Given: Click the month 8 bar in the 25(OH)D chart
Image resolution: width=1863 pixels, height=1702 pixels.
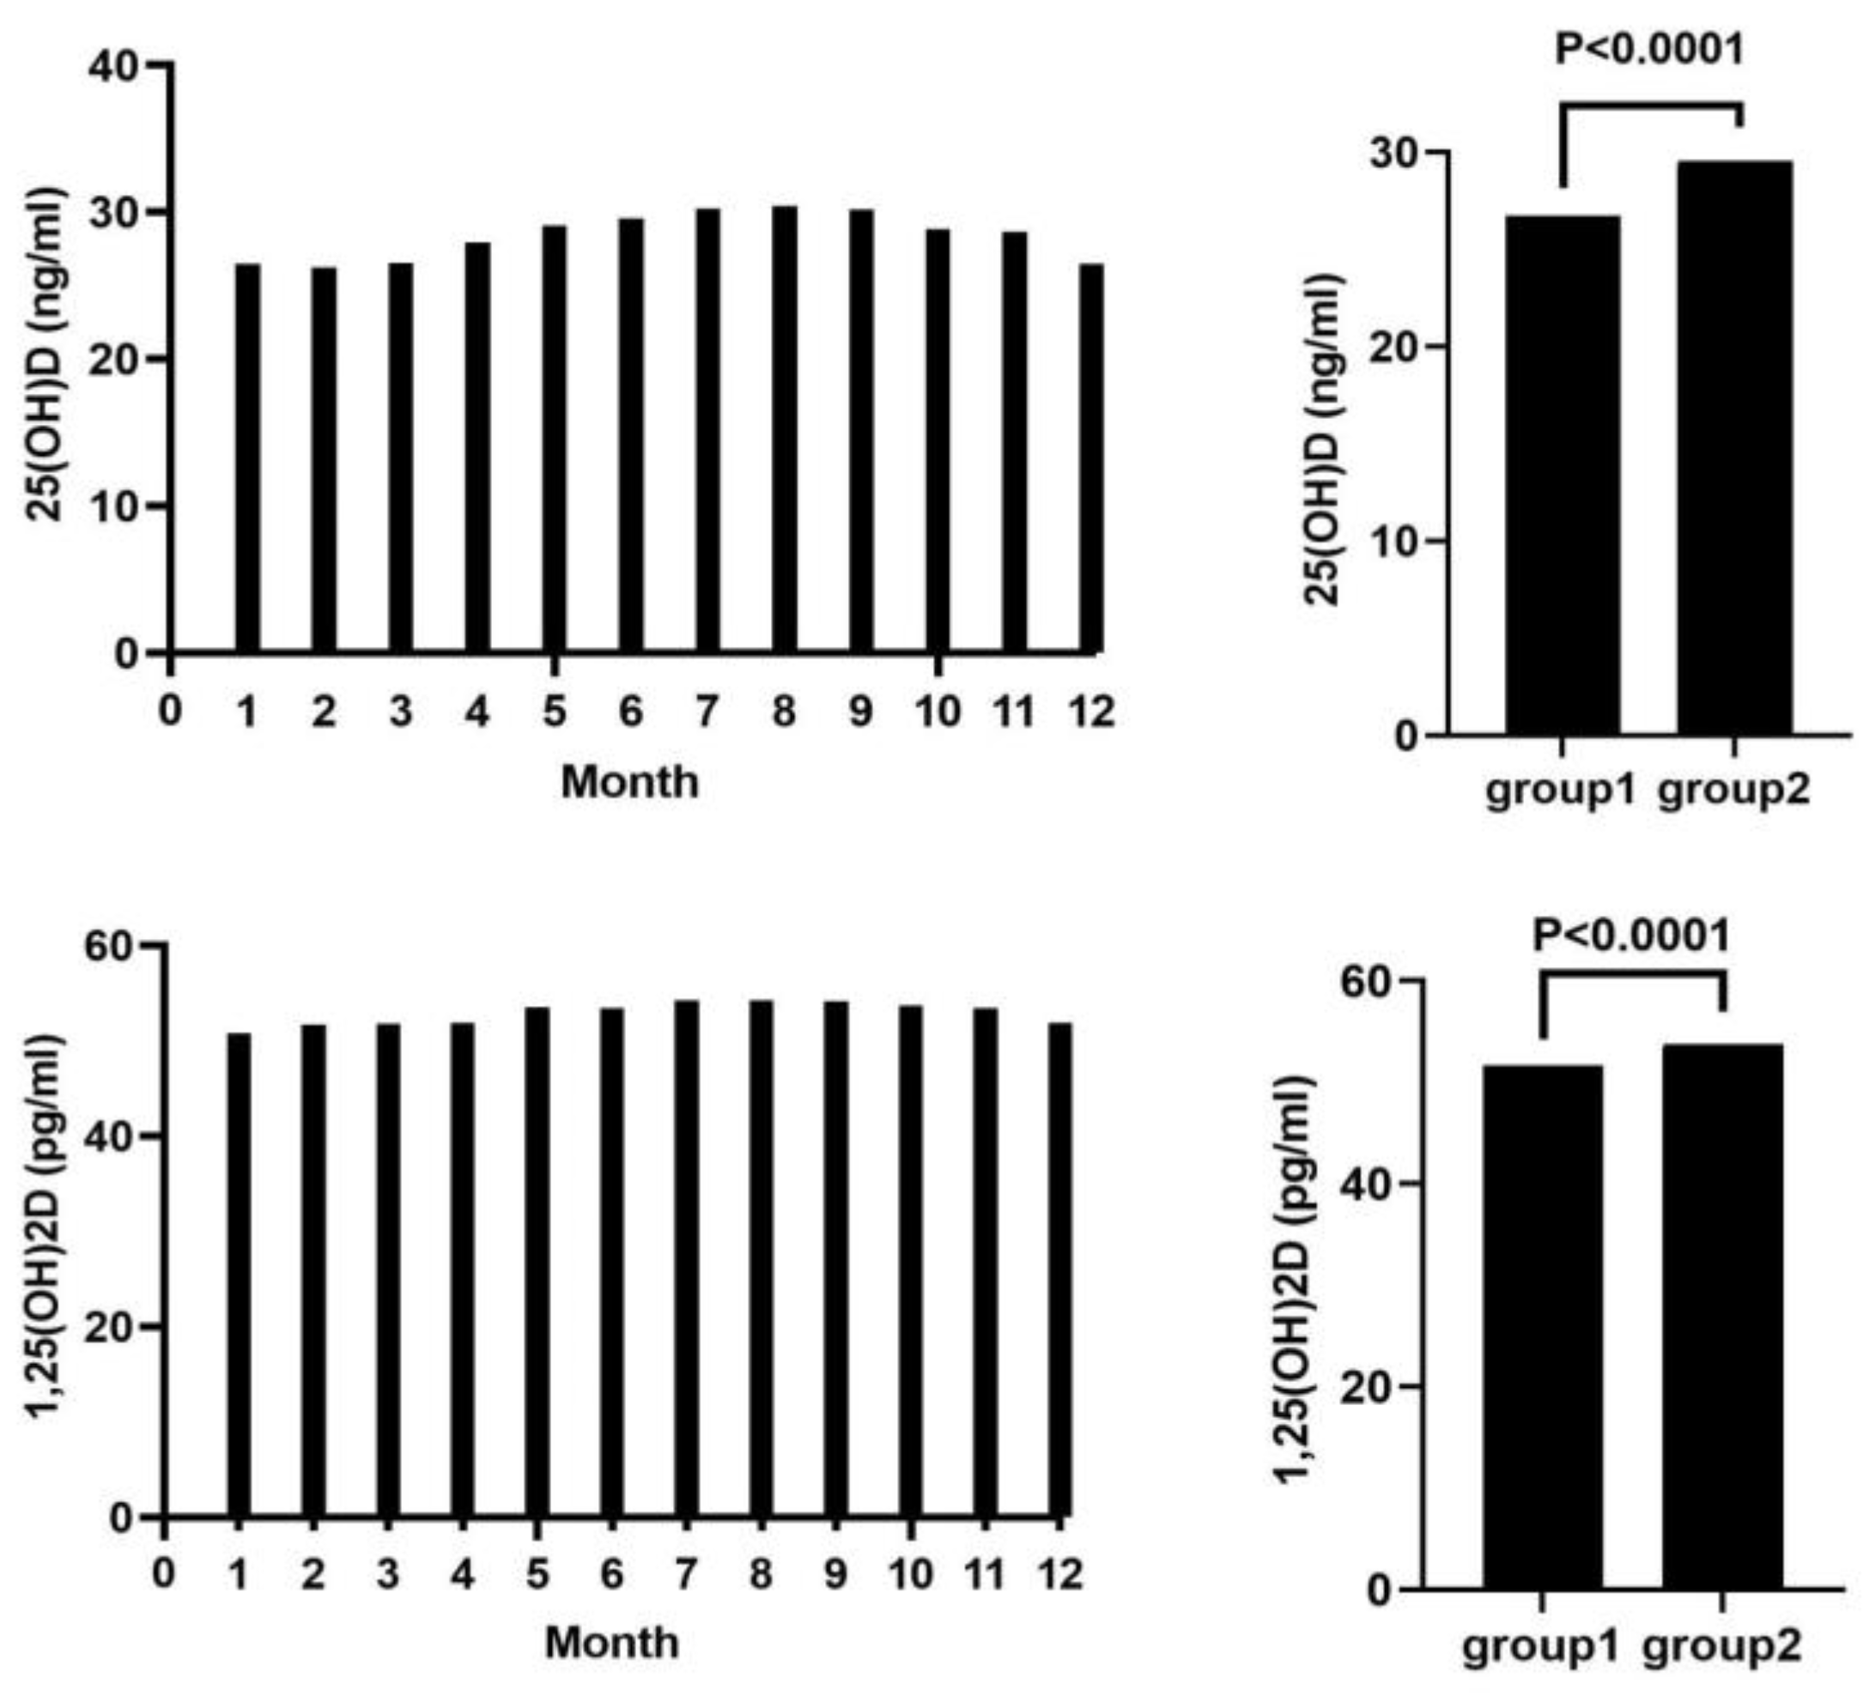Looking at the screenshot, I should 785,430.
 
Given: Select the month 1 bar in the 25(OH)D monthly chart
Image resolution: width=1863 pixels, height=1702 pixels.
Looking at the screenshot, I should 247,458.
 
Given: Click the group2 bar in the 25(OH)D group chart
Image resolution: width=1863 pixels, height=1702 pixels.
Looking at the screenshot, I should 1735,448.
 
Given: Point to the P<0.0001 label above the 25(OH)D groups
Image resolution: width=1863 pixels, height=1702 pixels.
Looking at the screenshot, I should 1649,49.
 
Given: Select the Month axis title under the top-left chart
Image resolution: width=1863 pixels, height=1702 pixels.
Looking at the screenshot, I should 629,784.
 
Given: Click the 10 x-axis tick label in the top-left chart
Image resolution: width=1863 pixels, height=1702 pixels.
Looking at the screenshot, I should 938,713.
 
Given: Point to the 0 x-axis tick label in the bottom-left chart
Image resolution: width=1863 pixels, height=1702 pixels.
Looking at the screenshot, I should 164,1572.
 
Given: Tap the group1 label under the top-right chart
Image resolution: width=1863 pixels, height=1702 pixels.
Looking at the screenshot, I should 1560,792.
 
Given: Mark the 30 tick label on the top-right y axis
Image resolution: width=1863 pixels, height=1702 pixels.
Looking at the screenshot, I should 1395,154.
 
